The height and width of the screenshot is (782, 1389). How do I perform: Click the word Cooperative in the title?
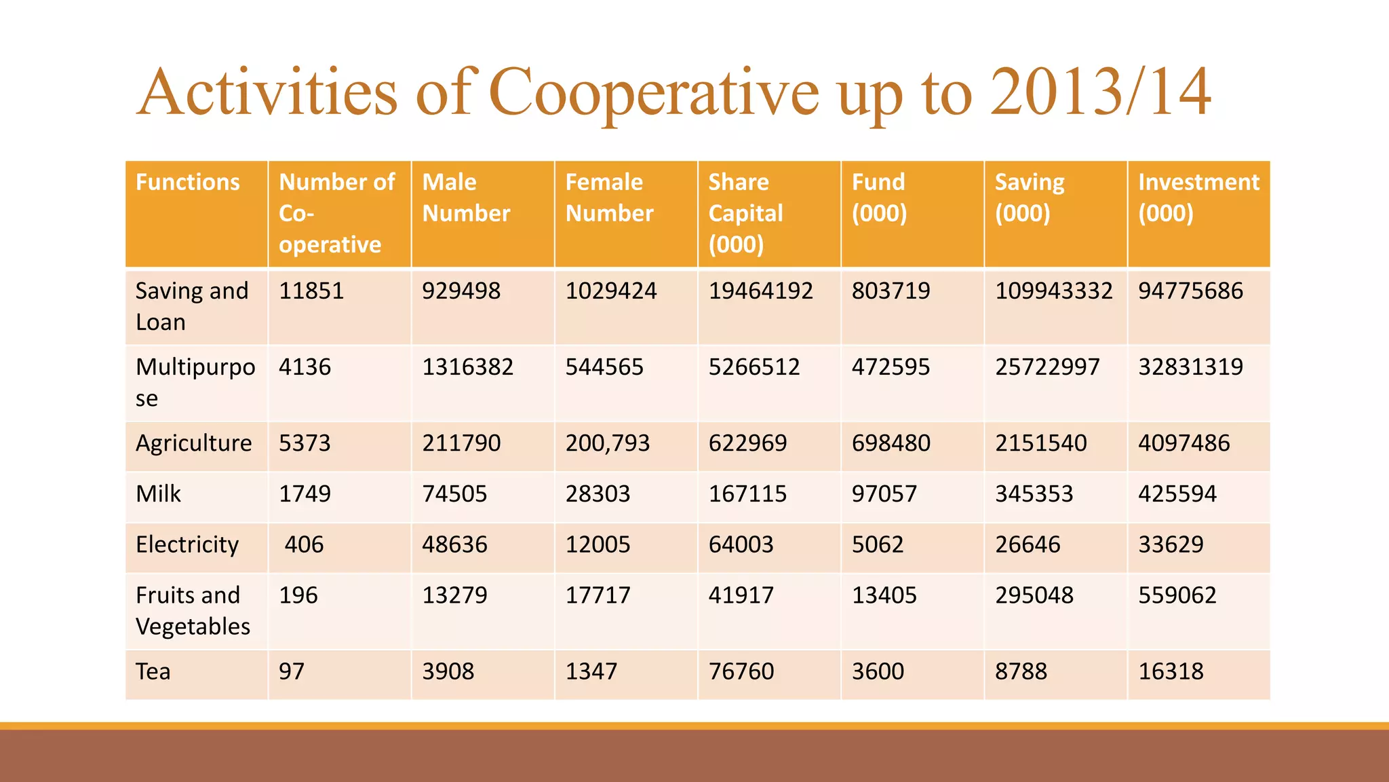click(654, 92)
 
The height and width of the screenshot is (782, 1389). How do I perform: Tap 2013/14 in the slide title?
click(1100, 92)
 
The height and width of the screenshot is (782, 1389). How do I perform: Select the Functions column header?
click(188, 182)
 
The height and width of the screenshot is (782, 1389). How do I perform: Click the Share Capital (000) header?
click(745, 213)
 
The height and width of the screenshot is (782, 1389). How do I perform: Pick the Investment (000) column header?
click(1198, 198)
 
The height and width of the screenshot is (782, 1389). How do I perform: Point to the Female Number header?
click(609, 198)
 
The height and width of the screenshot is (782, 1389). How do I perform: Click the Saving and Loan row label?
click(192, 306)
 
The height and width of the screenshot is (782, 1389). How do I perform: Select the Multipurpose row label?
click(195, 382)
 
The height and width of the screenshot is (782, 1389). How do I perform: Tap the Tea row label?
click(153, 671)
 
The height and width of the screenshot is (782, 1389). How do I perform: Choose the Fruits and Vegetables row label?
click(193, 610)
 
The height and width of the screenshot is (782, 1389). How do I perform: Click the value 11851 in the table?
click(311, 291)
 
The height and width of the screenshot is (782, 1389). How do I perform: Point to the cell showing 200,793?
click(608, 443)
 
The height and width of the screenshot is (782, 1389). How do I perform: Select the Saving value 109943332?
click(1053, 291)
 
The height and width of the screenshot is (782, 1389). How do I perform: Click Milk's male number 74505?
click(454, 494)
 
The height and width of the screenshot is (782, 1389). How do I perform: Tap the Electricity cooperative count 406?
click(304, 544)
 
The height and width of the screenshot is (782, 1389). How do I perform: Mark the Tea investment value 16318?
click(1171, 671)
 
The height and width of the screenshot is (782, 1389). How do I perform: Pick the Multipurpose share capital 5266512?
click(754, 367)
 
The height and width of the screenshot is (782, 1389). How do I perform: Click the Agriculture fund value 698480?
click(891, 443)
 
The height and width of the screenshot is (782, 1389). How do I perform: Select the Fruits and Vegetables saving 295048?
click(1034, 595)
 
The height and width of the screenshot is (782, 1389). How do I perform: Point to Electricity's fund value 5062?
click(878, 544)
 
